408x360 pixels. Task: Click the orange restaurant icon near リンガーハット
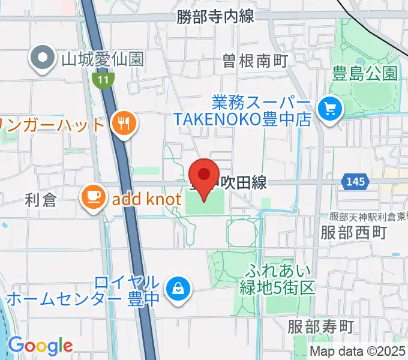click(124, 124)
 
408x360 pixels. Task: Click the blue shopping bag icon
click(178, 287)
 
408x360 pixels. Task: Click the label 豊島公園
click(364, 74)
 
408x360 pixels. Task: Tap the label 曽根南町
click(255, 60)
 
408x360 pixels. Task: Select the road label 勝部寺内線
click(215, 17)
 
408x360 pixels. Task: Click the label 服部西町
click(353, 232)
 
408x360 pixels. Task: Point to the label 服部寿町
click(321, 327)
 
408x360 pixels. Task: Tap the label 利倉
click(41, 200)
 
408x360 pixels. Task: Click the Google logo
click(40, 346)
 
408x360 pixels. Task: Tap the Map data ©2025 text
click(358, 352)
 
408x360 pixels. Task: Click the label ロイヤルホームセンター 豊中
click(83, 290)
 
